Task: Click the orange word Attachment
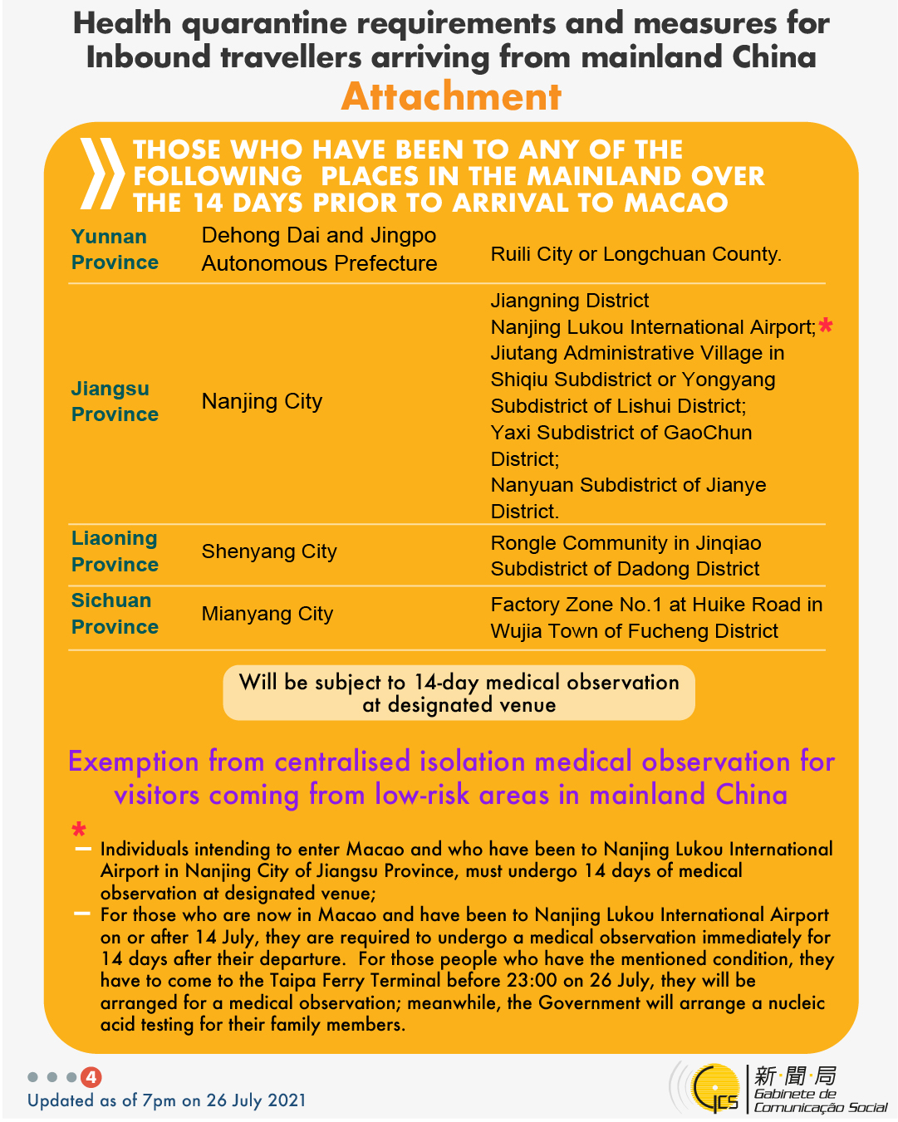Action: pyautogui.click(x=451, y=97)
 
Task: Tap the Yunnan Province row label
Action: pyautogui.click(x=115, y=249)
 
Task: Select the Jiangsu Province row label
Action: pyautogui.click(x=115, y=401)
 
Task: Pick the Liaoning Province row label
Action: pyautogui.click(x=115, y=551)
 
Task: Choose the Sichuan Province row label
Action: pyautogui.click(x=115, y=614)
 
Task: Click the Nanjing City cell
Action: pyautogui.click(x=262, y=402)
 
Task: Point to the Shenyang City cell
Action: pyautogui.click(x=269, y=551)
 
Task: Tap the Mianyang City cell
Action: pyautogui.click(x=267, y=614)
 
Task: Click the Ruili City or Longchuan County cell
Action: pyautogui.click(x=635, y=254)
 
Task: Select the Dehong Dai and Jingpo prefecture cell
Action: pyautogui.click(x=319, y=249)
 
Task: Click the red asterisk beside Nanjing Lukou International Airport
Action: pyautogui.click(x=825, y=326)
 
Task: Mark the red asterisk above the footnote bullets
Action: pyautogui.click(x=79, y=830)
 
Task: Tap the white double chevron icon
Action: pyautogui.click(x=101, y=174)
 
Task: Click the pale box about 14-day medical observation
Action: pyautogui.click(x=459, y=693)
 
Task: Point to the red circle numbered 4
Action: pyautogui.click(x=91, y=1077)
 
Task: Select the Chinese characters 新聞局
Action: pyautogui.click(x=795, y=1076)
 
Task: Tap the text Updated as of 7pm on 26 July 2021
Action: pyautogui.click(x=167, y=1100)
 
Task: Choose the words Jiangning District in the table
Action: pyautogui.click(x=570, y=301)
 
